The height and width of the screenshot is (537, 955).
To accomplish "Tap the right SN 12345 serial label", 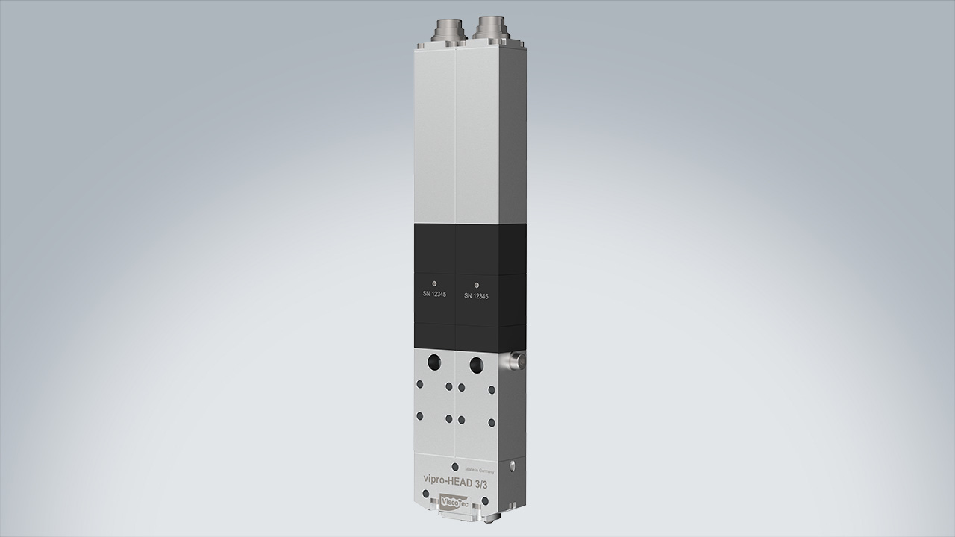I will pos(476,296).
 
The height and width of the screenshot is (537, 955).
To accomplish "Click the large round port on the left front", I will pos(433,362).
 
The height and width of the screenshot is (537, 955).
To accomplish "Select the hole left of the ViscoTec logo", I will pos(426,494).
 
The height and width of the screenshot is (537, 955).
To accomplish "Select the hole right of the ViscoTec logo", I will pos(485,500).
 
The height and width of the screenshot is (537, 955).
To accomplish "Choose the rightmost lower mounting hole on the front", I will pos(491,422).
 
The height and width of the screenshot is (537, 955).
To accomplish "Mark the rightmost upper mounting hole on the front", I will pos(491,389).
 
